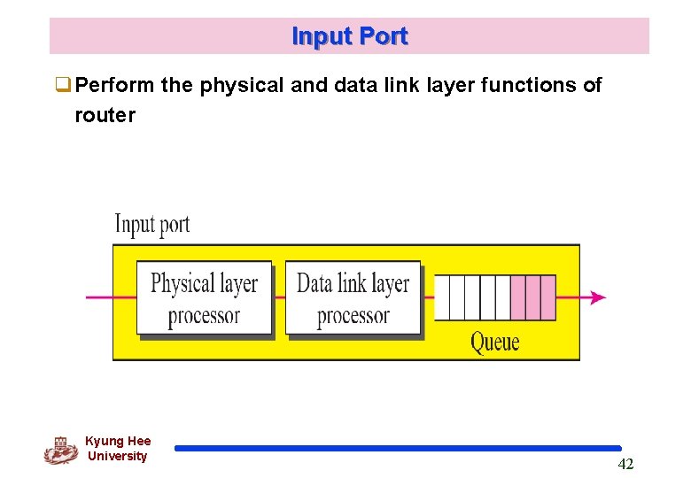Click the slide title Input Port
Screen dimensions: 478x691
click(x=349, y=36)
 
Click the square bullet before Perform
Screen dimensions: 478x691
click(x=63, y=86)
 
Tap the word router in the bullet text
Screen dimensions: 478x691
click(x=105, y=115)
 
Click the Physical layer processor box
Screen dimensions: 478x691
click(x=204, y=298)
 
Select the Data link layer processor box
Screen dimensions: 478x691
click(x=353, y=298)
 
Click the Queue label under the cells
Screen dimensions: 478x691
click(x=494, y=342)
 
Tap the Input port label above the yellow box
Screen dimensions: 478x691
click(x=151, y=224)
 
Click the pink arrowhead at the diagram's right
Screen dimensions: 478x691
click(x=599, y=297)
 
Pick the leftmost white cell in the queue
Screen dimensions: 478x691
click(x=441, y=297)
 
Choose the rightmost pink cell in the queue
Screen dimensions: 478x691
click(x=547, y=297)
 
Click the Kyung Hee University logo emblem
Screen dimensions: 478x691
click(x=60, y=450)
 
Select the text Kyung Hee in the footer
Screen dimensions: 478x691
click(x=118, y=441)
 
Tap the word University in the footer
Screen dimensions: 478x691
click(x=117, y=456)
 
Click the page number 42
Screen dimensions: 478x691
click(x=625, y=465)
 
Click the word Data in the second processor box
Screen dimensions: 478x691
click(x=314, y=283)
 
